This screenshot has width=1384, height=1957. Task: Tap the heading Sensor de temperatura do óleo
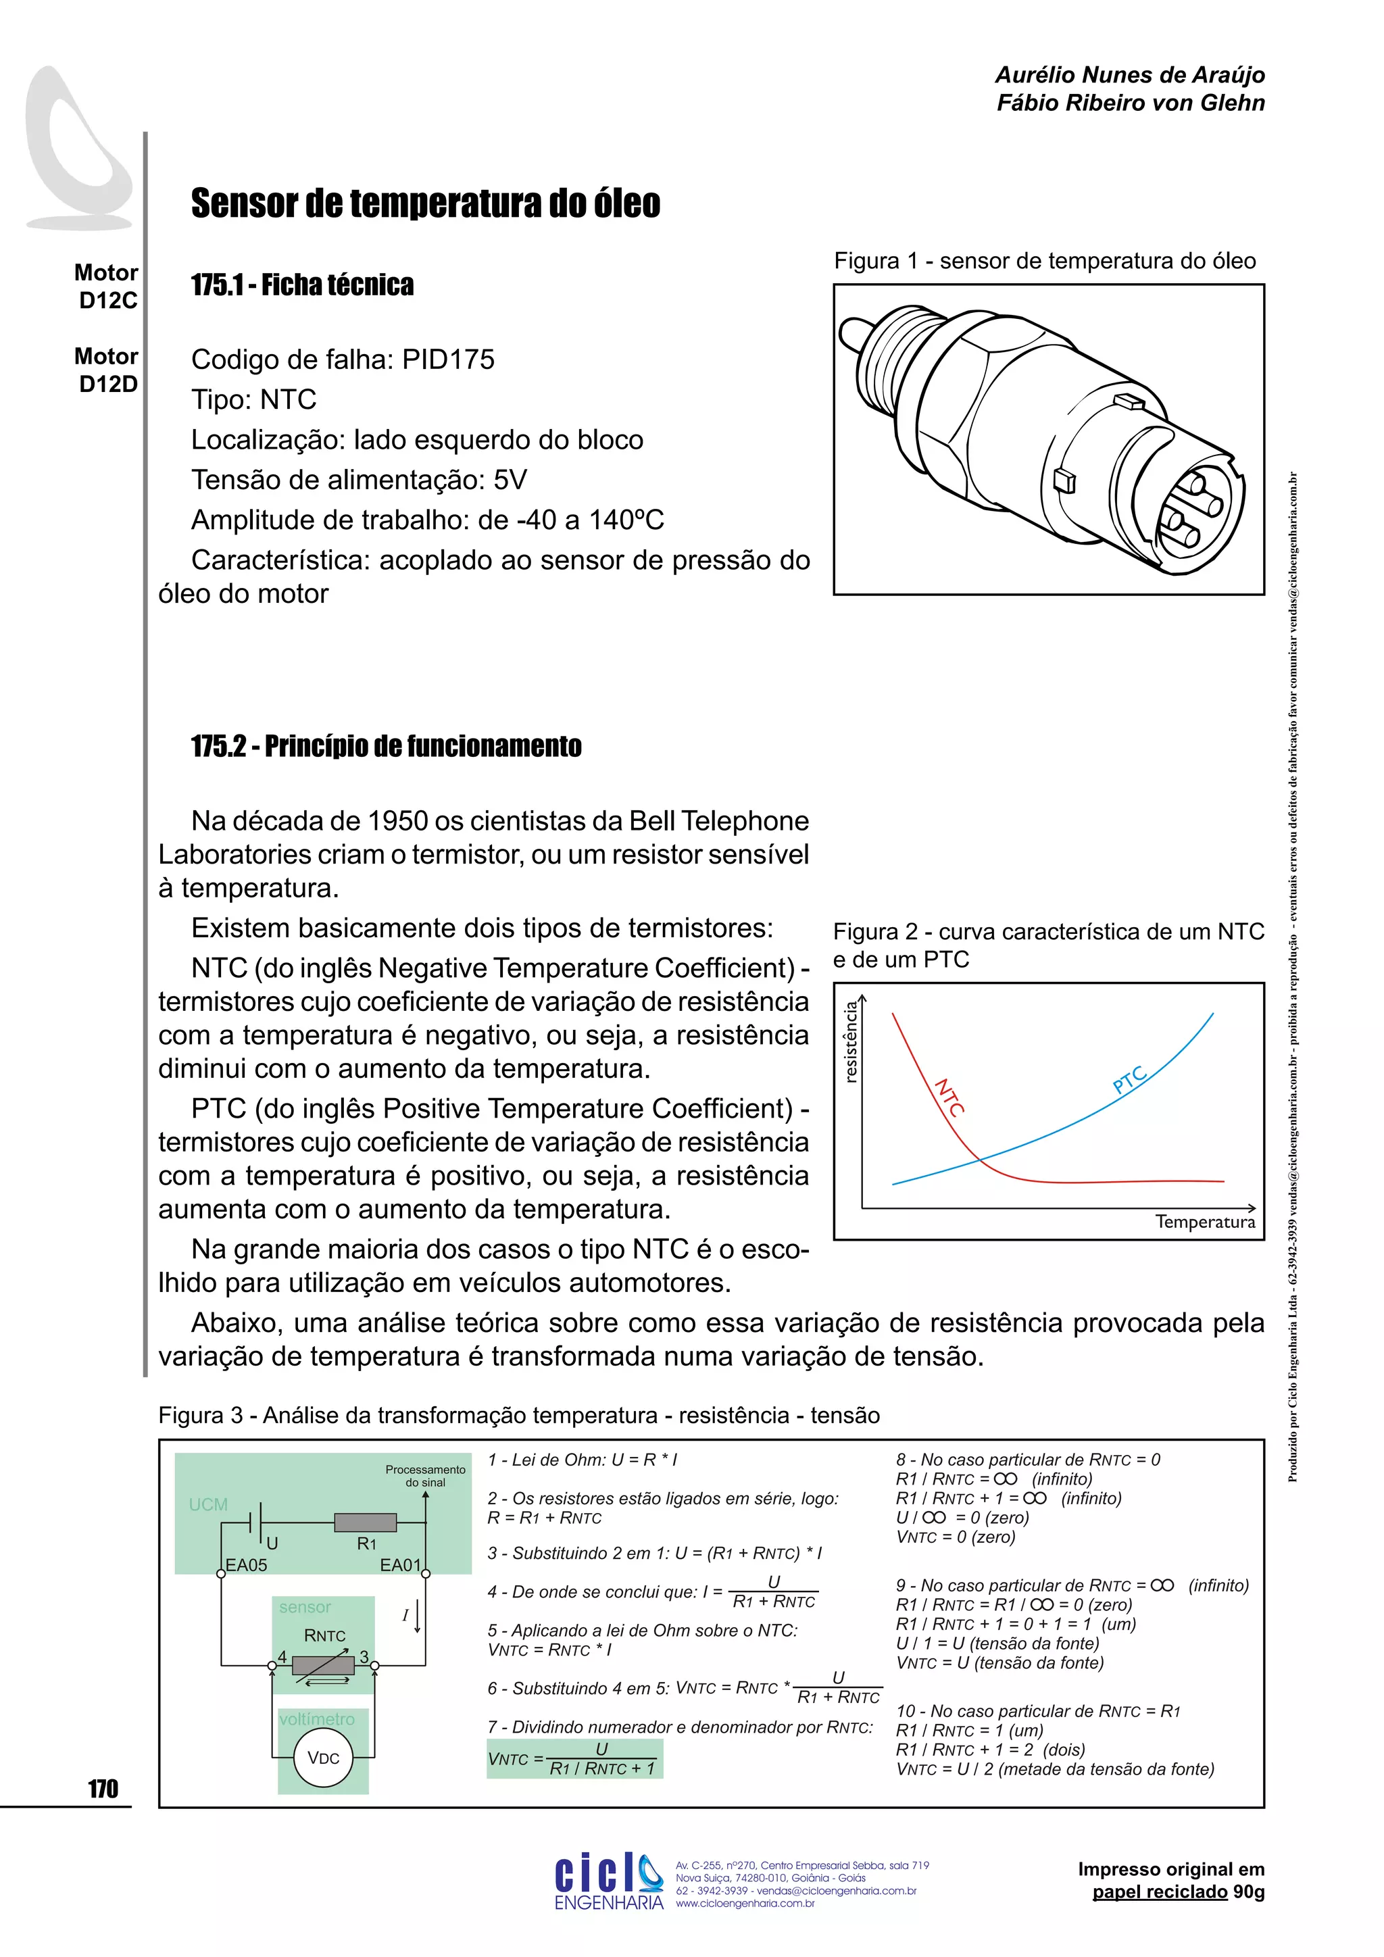click(x=425, y=203)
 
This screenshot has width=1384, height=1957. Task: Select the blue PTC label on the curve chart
click(x=1130, y=1080)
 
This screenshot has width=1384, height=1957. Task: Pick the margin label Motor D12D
click(x=107, y=370)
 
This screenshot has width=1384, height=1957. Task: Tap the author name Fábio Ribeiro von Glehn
click(x=1130, y=103)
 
